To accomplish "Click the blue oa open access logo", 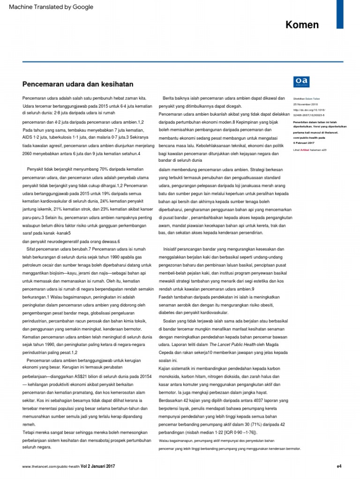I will pos(300,82).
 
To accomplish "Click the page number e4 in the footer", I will pos(339,466).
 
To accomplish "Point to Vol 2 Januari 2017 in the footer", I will pos(97,466).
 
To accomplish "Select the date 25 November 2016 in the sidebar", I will pos(305,104).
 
